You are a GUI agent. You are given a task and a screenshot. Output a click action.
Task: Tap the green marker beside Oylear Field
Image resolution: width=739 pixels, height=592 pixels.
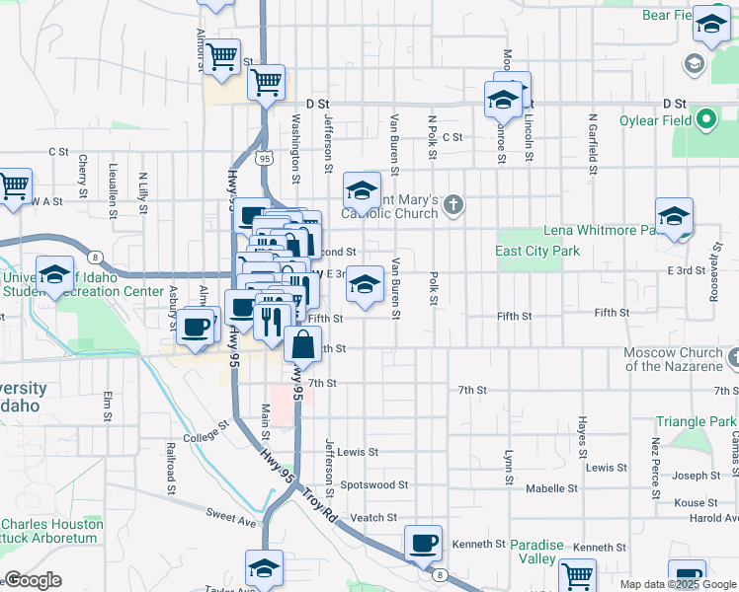(x=706, y=121)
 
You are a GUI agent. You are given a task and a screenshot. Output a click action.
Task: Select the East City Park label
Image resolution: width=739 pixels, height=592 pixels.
(x=537, y=251)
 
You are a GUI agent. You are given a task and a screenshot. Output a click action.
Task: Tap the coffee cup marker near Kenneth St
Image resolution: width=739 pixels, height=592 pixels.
(x=424, y=543)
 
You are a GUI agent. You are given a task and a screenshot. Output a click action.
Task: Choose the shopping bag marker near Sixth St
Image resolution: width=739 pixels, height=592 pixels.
(x=303, y=345)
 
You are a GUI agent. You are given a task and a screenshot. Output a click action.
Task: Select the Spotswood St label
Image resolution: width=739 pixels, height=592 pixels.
(x=374, y=484)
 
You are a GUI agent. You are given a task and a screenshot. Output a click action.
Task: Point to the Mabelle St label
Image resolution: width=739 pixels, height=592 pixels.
(x=551, y=488)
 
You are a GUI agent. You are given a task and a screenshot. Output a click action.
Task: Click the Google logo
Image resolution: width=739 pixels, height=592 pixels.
(x=33, y=580)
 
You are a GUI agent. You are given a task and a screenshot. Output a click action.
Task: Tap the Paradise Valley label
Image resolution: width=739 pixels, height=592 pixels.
(x=536, y=552)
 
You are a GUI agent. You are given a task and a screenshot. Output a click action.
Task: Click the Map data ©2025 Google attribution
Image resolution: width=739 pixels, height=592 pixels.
(x=677, y=584)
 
